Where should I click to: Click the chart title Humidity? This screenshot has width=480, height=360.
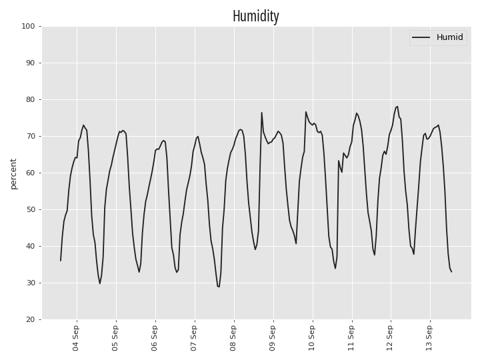[255, 16]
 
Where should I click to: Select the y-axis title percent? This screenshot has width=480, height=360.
[13, 174]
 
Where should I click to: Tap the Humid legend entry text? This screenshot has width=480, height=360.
[450, 37]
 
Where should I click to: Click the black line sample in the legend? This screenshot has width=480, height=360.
[421, 37]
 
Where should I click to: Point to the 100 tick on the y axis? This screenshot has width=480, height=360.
[28, 26]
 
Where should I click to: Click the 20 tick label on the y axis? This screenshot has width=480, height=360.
[30, 319]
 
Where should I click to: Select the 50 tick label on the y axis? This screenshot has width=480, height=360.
[30, 210]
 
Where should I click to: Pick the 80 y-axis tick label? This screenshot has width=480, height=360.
[30, 100]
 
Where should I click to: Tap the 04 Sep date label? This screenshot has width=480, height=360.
[75, 338]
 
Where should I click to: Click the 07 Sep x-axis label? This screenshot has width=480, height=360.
[193, 338]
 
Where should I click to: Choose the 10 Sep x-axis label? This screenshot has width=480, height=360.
[311, 338]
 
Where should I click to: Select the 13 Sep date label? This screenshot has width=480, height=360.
[429, 338]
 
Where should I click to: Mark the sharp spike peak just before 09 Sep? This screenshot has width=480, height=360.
[262, 113]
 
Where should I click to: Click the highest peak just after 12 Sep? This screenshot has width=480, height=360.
[397, 107]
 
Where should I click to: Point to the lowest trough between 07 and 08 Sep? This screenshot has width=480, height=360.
[219, 287]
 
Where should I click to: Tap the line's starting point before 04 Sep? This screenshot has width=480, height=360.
[61, 261]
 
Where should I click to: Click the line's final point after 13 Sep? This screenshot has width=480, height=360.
[451, 272]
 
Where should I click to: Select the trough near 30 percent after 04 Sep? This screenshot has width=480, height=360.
[100, 283]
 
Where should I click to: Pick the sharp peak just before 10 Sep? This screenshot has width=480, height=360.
[305, 112]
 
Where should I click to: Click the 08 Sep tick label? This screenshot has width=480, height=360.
[233, 338]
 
